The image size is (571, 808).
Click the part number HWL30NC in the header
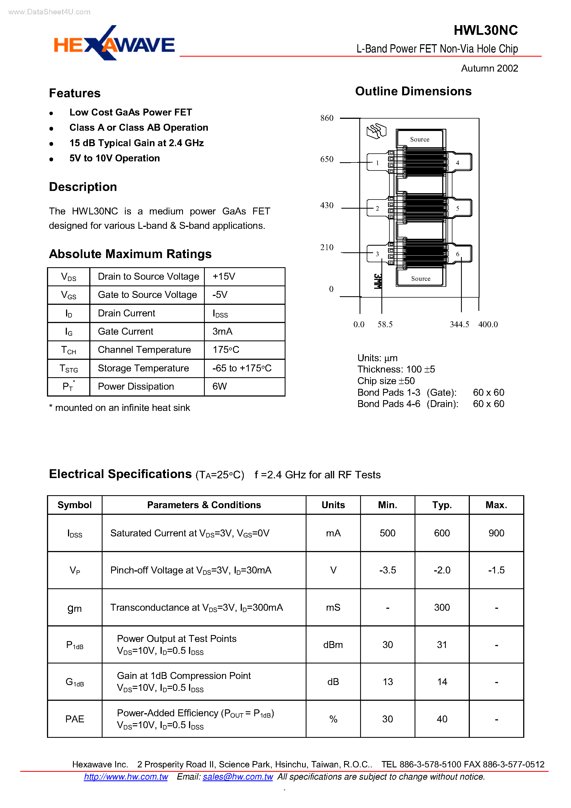[x=485, y=31]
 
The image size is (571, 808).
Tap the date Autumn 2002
[x=489, y=68]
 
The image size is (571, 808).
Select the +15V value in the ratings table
[x=224, y=277]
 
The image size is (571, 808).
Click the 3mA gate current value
[x=222, y=332]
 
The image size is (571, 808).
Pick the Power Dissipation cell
[x=136, y=386]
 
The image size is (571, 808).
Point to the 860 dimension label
[x=327, y=118]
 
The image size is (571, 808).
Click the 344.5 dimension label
[x=459, y=324]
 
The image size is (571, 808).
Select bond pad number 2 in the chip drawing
[x=377, y=209]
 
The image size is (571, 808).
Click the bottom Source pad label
[x=421, y=279]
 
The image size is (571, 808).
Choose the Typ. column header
[x=442, y=505]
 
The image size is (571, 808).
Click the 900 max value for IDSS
[x=496, y=533]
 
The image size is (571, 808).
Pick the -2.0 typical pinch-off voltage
[x=442, y=570]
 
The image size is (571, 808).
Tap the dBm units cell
[x=333, y=645]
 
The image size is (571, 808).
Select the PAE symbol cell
[x=75, y=719]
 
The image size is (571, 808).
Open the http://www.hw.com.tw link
[x=126, y=777]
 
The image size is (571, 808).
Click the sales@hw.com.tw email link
[x=238, y=777]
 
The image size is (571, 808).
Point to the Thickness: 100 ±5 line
[x=396, y=369]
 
